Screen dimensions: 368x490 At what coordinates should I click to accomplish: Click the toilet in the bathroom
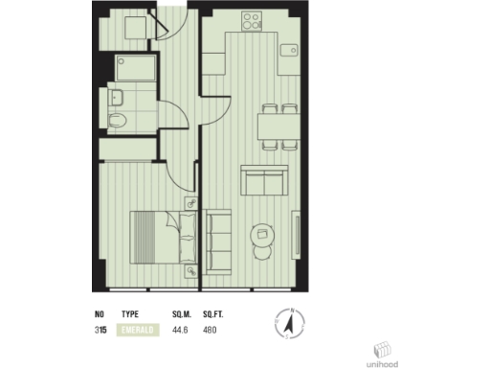click(x=117, y=122)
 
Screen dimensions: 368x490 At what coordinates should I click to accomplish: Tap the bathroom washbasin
click(x=116, y=96)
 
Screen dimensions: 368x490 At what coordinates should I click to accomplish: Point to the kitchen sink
click(x=287, y=50)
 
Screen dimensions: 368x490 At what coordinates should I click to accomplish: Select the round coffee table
click(x=260, y=234)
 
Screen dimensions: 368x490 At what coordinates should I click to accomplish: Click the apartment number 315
click(x=100, y=331)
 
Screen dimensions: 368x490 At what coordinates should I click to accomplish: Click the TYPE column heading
click(x=131, y=313)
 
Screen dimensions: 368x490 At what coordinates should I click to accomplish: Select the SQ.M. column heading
click(x=182, y=313)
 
